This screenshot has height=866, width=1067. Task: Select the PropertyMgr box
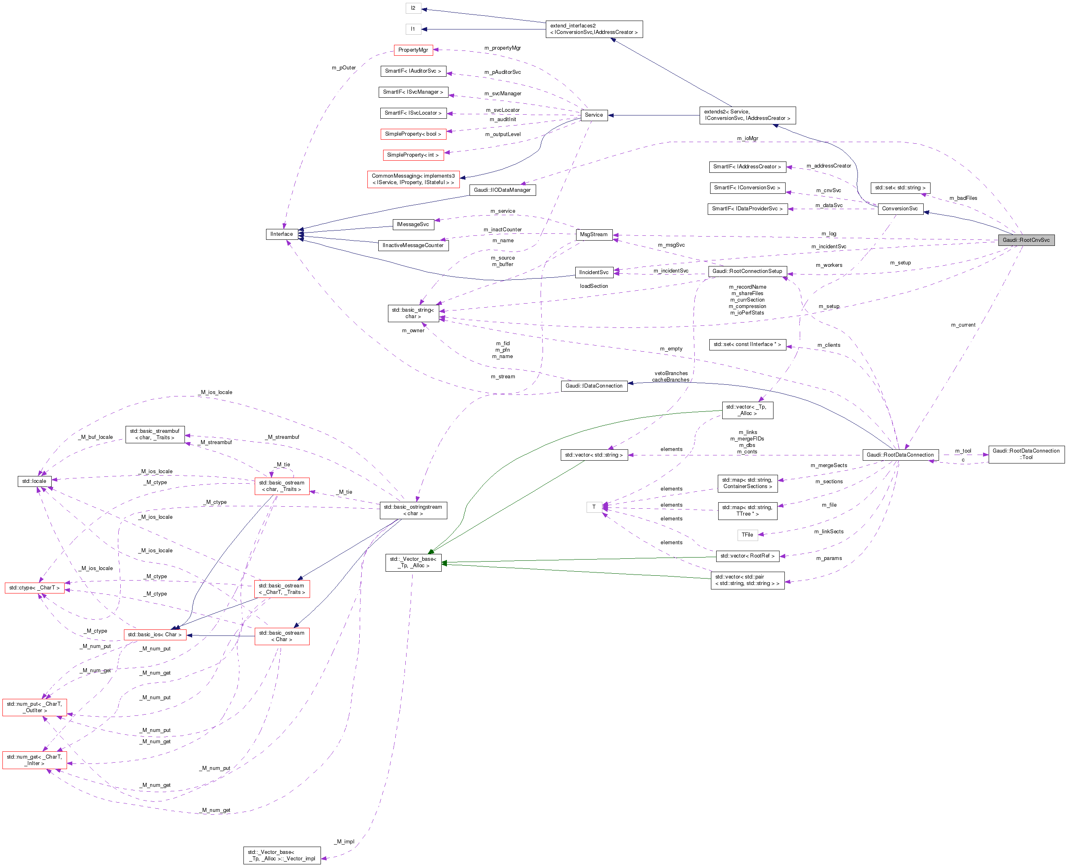pos(413,50)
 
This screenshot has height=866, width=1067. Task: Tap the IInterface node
pos(282,234)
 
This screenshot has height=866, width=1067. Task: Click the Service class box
pos(593,115)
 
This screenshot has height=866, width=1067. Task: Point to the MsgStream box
pos(593,235)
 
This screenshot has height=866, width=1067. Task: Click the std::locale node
pos(34,481)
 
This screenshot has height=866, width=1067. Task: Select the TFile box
pos(747,535)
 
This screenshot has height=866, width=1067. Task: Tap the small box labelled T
pos(593,507)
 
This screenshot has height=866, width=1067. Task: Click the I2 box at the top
pos(413,8)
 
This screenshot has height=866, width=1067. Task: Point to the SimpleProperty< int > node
pos(413,155)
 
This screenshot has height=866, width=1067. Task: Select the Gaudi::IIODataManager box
pos(502,190)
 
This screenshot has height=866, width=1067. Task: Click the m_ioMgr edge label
pos(747,138)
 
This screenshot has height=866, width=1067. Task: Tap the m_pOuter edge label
pos(344,68)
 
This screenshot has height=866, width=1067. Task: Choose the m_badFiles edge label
pos(963,198)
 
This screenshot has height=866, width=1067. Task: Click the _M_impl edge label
pos(345,841)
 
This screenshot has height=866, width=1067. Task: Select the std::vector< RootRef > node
pos(747,556)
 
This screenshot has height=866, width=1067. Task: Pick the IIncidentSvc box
pos(593,273)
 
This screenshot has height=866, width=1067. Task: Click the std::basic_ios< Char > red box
pos(155,635)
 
